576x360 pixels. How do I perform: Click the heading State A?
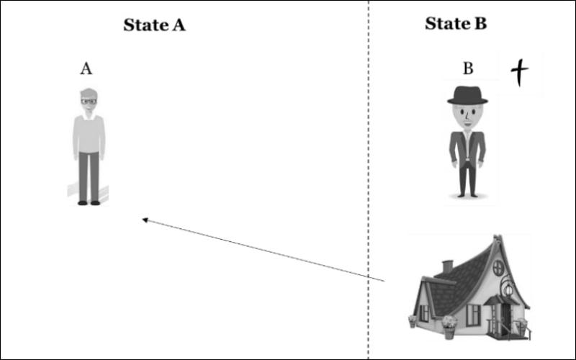[x=154, y=25]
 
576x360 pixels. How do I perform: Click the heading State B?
[x=456, y=24]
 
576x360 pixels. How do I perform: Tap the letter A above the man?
[x=86, y=68]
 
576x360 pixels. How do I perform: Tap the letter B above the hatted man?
[x=468, y=68]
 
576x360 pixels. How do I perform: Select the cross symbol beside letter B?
[x=519, y=72]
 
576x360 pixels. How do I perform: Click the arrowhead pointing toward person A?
[x=145, y=220]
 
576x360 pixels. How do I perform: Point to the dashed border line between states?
[x=369, y=180]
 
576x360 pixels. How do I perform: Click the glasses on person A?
[x=89, y=101]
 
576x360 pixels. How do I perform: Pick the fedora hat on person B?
[x=467, y=96]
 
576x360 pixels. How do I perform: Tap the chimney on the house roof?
[x=447, y=267]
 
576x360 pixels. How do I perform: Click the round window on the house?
[x=498, y=268]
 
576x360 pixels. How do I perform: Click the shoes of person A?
[x=89, y=203]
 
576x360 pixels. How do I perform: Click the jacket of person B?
[x=467, y=149]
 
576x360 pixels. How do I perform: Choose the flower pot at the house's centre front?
[x=449, y=328]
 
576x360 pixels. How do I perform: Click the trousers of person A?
[x=89, y=176]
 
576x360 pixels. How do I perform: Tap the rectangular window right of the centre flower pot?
[x=474, y=315]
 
